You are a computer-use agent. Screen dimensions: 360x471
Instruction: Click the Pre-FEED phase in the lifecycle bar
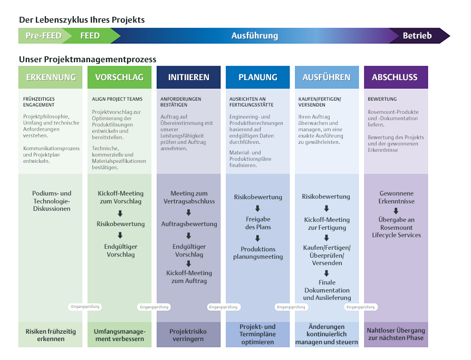tap(43, 36)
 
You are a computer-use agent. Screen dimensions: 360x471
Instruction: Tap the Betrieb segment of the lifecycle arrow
tap(417, 36)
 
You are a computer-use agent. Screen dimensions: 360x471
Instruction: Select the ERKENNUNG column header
tap(51, 77)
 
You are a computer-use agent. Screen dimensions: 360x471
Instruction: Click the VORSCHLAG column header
tap(119, 77)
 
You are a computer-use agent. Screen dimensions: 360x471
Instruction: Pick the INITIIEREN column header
tap(189, 77)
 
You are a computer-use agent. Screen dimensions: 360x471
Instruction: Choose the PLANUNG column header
tap(258, 77)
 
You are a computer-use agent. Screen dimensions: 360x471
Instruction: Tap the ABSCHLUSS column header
tap(395, 77)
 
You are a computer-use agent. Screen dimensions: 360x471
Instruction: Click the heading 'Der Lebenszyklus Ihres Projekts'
tap(82, 20)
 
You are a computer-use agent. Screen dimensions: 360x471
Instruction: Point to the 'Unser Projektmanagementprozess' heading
tap(88, 60)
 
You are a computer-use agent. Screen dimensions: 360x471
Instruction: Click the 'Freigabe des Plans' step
tap(258, 223)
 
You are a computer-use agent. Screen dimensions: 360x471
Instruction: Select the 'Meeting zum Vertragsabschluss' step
tap(189, 197)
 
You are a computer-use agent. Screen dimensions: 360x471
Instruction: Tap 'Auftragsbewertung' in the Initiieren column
tap(189, 224)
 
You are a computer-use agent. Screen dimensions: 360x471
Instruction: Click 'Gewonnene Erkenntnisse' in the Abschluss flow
tap(396, 197)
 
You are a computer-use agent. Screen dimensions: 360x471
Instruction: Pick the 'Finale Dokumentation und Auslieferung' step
tap(326, 290)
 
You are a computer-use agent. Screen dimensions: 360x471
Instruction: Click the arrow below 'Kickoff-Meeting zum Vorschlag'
tap(120, 213)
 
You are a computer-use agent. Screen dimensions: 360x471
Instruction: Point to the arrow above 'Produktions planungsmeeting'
tap(258, 239)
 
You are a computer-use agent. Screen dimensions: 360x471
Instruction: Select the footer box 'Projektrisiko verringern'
tap(188, 335)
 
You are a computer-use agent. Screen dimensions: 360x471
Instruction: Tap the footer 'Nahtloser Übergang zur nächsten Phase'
tap(396, 334)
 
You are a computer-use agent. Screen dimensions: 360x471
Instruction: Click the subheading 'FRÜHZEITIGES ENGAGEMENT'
tap(39, 102)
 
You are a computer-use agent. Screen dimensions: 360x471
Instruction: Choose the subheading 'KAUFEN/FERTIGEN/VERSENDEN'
tap(320, 102)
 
